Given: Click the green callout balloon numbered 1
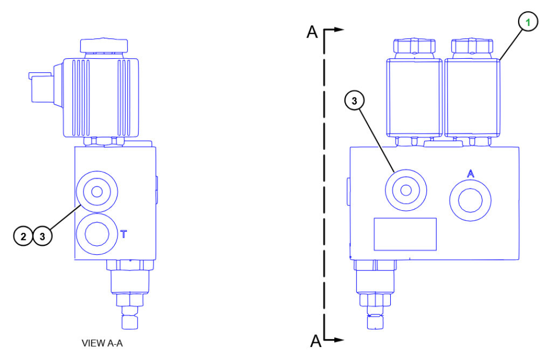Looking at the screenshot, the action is point(528,22).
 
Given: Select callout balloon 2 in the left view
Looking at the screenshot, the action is point(23,236).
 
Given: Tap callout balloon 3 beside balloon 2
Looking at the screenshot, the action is point(43,236).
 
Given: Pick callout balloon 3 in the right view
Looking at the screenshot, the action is point(354,101).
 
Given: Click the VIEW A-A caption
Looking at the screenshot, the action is point(102,343).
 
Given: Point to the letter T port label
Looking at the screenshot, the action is point(123,234).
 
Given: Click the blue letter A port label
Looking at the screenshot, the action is point(471,174).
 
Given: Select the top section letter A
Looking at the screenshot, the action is point(312,32).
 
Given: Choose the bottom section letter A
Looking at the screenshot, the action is point(316,341).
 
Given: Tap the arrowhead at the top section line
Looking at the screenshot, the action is point(339,30).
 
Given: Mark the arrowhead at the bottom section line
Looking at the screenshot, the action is point(339,340).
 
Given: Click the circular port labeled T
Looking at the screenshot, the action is point(97,234).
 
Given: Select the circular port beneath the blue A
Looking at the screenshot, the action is point(470,200).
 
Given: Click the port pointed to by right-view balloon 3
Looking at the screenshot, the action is point(406,190).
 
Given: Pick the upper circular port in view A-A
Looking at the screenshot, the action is point(97,192).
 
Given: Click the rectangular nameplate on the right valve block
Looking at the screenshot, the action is point(405,234).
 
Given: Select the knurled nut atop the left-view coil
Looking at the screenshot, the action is point(104,45).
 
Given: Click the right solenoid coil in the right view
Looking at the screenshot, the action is point(472,98).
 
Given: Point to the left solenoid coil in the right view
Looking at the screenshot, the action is point(415,98).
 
